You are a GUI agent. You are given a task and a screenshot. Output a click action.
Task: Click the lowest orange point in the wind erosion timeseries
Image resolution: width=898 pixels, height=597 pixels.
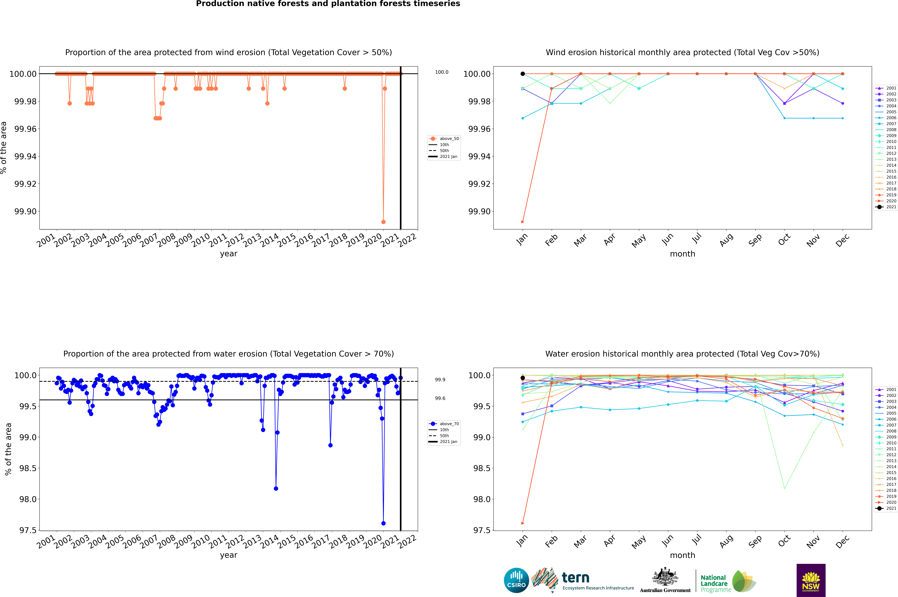tap(383, 222)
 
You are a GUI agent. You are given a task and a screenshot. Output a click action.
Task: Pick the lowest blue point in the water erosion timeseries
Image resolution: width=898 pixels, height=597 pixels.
tap(383, 523)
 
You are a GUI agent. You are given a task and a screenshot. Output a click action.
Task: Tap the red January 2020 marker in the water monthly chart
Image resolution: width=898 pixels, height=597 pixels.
tap(523, 523)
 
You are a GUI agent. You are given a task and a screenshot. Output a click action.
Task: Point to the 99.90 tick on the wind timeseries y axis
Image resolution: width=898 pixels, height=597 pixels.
tap(25, 211)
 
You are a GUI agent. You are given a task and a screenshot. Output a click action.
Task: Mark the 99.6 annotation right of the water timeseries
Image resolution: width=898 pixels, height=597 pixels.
tap(440, 398)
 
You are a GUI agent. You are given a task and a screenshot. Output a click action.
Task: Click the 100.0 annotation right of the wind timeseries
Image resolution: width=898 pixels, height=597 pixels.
tap(442, 72)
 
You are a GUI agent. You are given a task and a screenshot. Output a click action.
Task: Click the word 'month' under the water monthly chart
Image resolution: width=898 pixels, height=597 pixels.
tap(682, 555)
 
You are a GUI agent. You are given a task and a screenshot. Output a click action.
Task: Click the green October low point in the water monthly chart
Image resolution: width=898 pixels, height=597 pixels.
tap(784, 488)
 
